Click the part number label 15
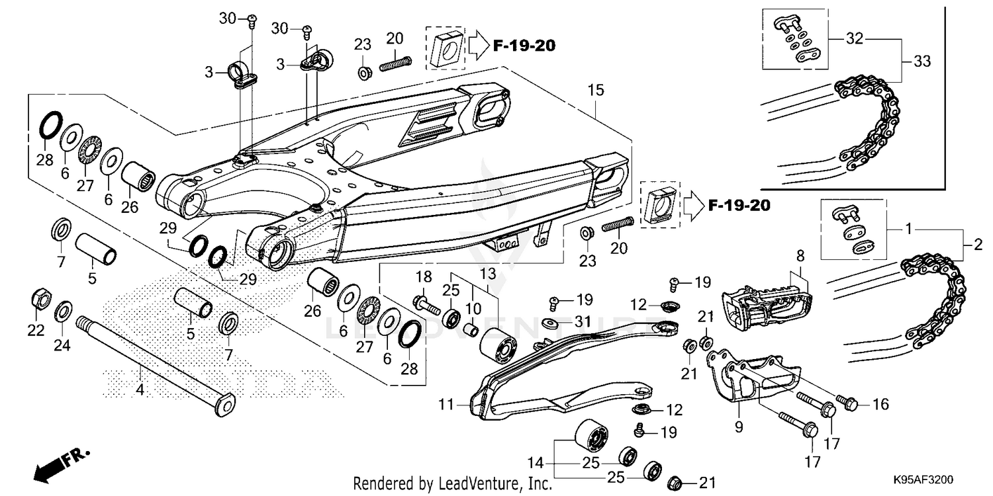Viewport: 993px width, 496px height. coord(596,91)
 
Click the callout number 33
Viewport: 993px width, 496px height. coord(922,62)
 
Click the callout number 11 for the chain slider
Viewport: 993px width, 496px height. coord(446,402)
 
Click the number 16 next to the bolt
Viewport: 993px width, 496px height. coord(880,404)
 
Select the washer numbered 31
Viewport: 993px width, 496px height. coord(549,323)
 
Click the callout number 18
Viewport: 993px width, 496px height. coord(424,276)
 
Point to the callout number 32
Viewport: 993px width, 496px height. coord(855,39)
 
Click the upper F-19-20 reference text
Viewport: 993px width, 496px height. coord(523,46)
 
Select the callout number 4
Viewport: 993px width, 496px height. coord(139,390)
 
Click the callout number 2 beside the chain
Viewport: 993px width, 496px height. coord(978,246)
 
